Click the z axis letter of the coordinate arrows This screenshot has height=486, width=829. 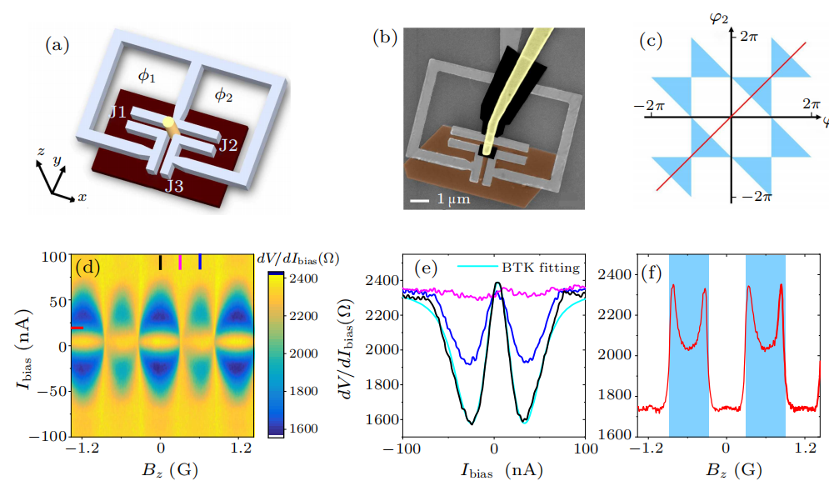(x=39, y=152)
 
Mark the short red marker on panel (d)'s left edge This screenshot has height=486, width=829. (x=77, y=328)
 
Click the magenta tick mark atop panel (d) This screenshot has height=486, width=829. (x=180, y=263)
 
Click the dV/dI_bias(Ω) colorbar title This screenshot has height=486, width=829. (x=296, y=258)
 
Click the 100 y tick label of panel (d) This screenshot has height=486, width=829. (x=56, y=257)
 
